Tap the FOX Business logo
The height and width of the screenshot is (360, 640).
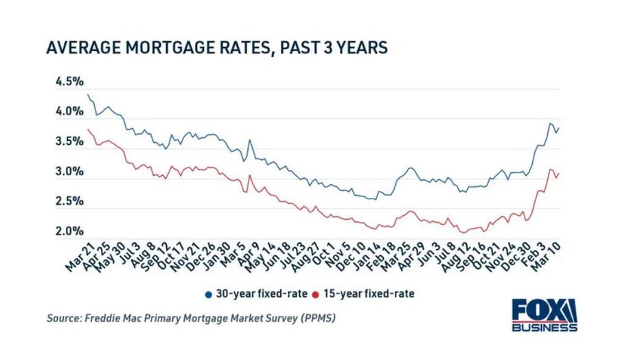[x=544, y=315]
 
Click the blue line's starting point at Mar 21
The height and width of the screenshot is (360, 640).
[x=88, y=94]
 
